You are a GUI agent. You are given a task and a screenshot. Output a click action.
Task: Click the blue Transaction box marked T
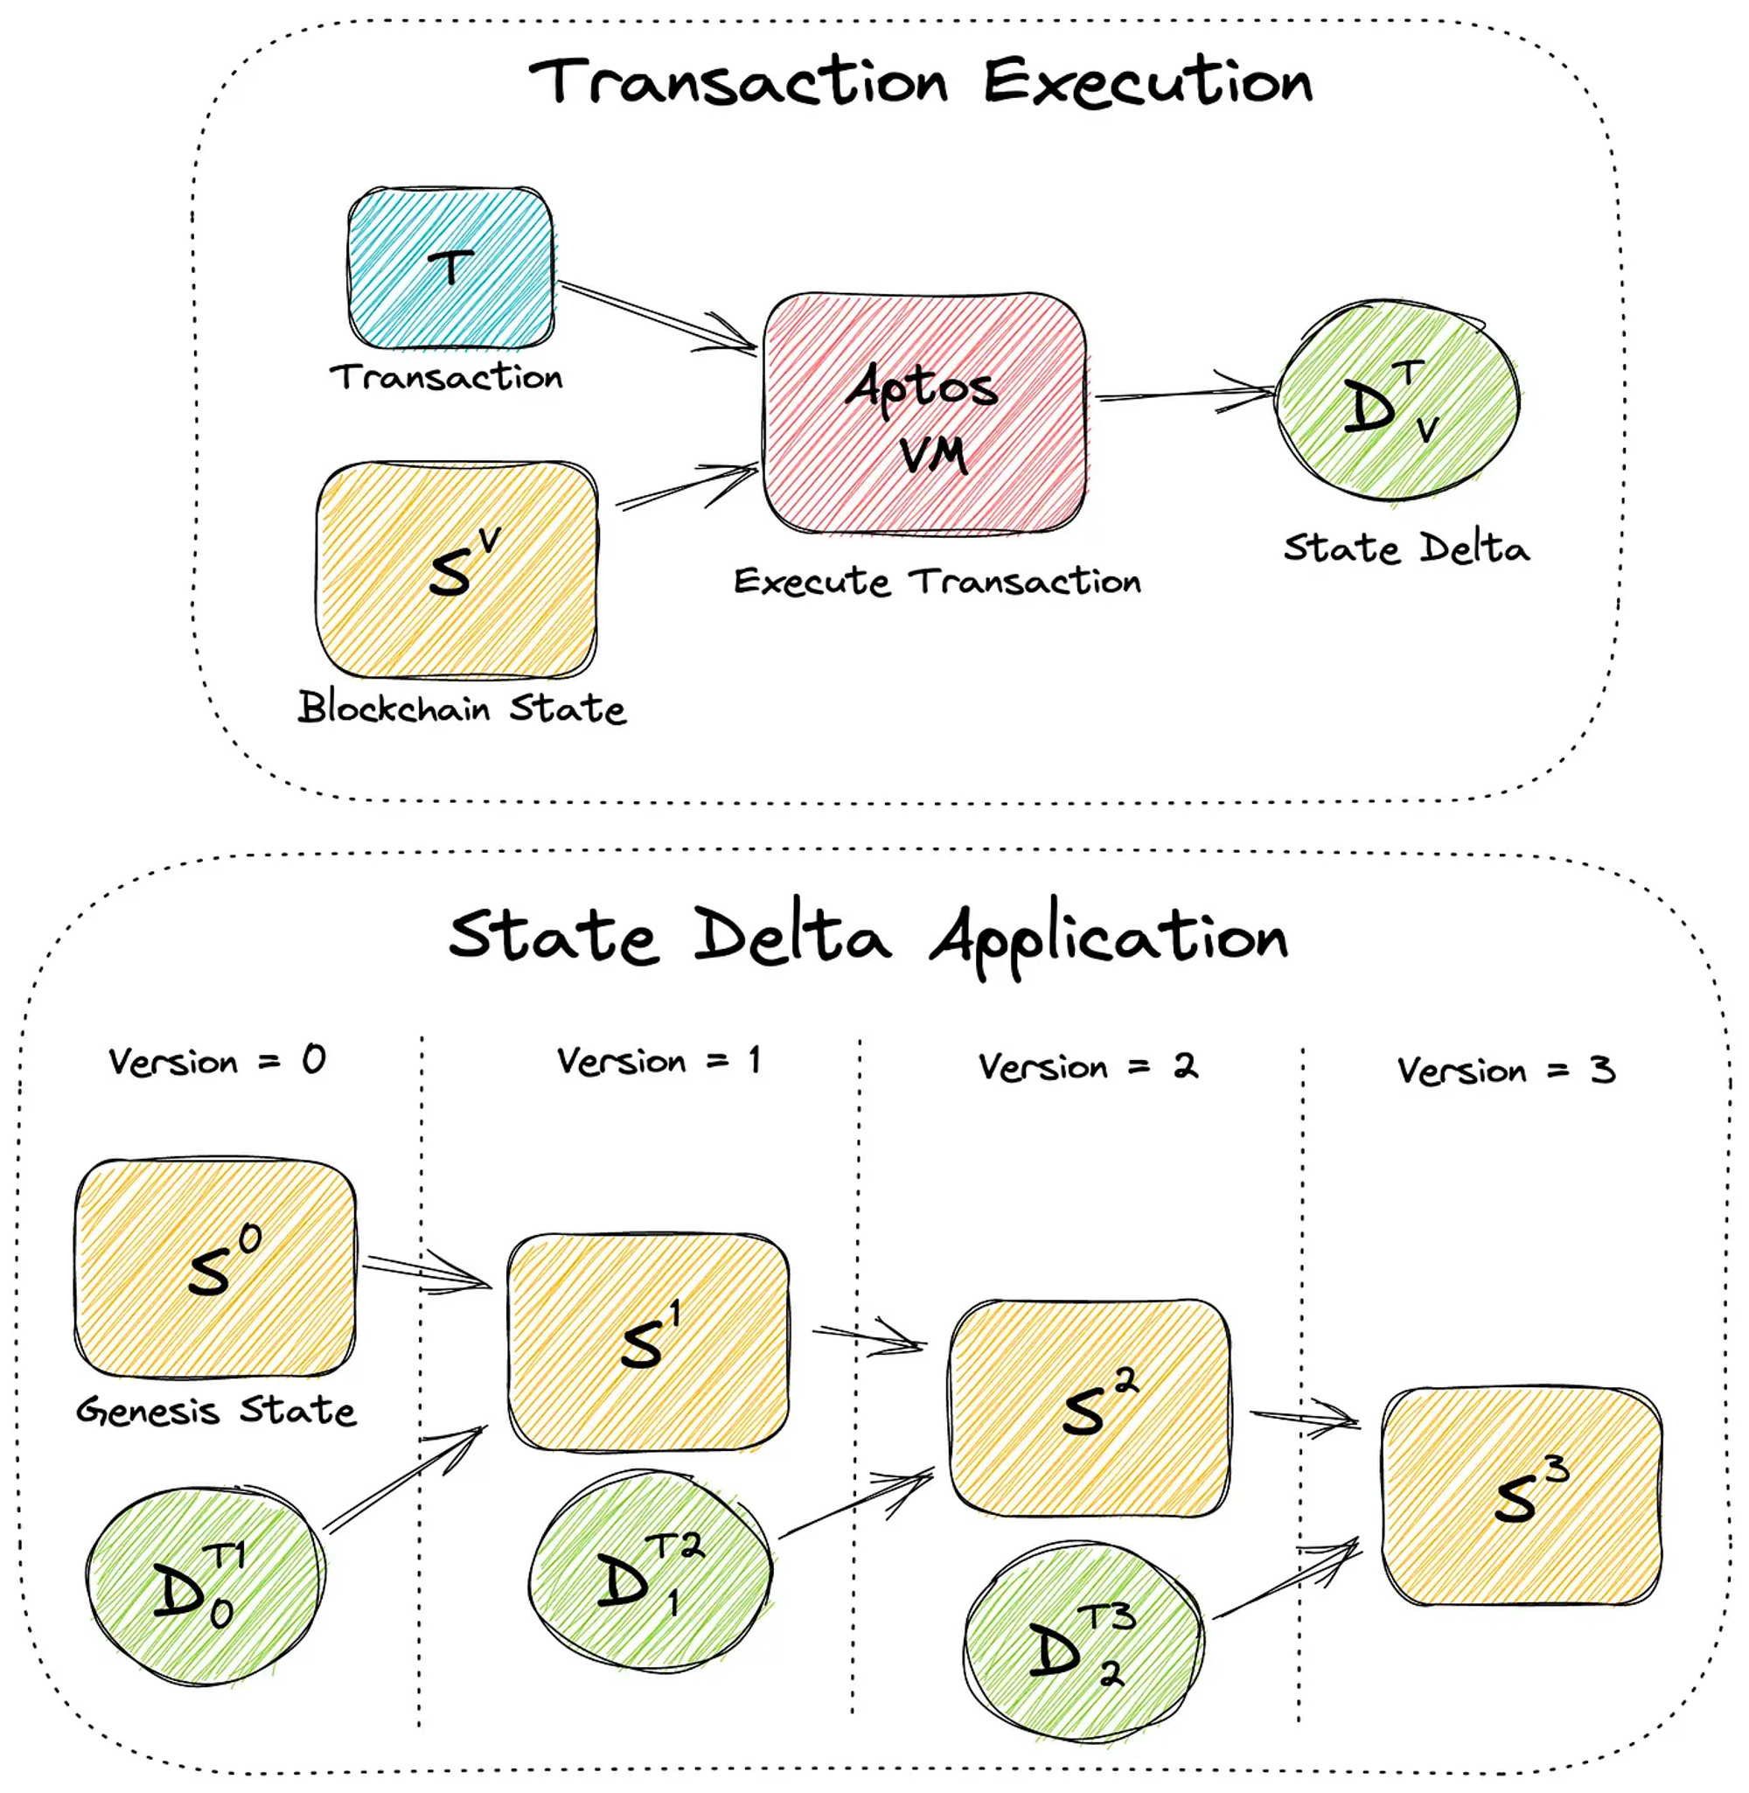coord(451,269)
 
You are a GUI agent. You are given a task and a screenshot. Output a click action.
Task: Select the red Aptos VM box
coord(925,414)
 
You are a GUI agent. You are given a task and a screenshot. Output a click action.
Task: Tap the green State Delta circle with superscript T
coord(1397,401)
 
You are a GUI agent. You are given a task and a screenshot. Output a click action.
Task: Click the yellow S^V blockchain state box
coord(456,570)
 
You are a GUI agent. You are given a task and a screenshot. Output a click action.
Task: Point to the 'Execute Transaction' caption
coord(937,582)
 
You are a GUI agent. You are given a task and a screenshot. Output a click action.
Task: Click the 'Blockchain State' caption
coord(462,708)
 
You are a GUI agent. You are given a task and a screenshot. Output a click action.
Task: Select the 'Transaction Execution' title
coord(921,80)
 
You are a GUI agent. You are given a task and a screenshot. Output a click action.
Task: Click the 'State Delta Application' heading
coord(868,937)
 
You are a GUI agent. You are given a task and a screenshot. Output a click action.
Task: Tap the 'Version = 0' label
coord(217,1061)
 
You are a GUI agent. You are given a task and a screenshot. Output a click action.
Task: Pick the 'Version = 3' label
coord(1506,1070)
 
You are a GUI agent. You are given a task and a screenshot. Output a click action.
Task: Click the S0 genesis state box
coord(215,1268)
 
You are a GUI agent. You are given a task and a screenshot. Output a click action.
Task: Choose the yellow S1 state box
coord(649,1342)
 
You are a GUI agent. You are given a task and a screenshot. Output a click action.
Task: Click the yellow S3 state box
coord(1523,1496)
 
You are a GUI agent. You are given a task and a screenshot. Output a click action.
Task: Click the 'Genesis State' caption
coord(216,1410)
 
